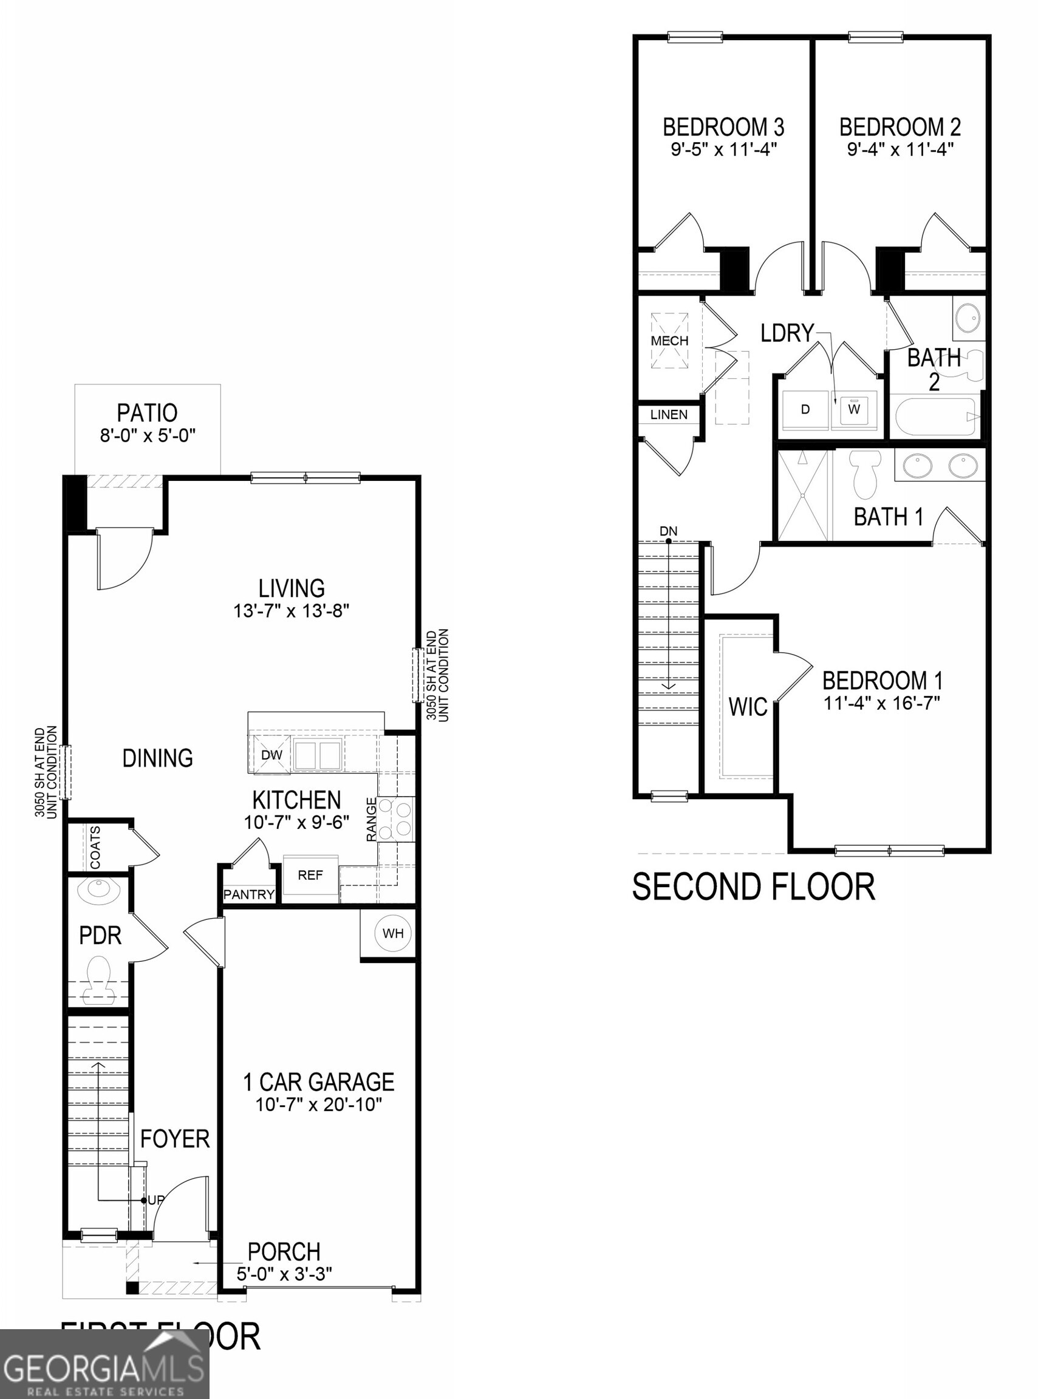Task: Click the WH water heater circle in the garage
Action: point(393,933)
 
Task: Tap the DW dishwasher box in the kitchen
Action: point(271,755)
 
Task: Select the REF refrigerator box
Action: point(310,875)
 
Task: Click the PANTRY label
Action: point(249,894)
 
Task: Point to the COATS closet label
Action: point(95,848)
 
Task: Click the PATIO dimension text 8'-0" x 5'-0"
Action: point(148,435)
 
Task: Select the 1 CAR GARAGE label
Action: point(318,1083)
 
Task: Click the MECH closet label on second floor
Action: point(669,341)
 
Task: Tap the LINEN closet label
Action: point(669,415)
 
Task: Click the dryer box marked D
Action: point(805,410)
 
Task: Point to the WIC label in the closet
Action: point(748,707)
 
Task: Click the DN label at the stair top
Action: point(669,531)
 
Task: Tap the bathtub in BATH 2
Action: point(935,416)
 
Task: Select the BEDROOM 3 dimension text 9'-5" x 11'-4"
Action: point(724,149)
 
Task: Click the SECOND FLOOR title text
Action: point(753,887)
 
